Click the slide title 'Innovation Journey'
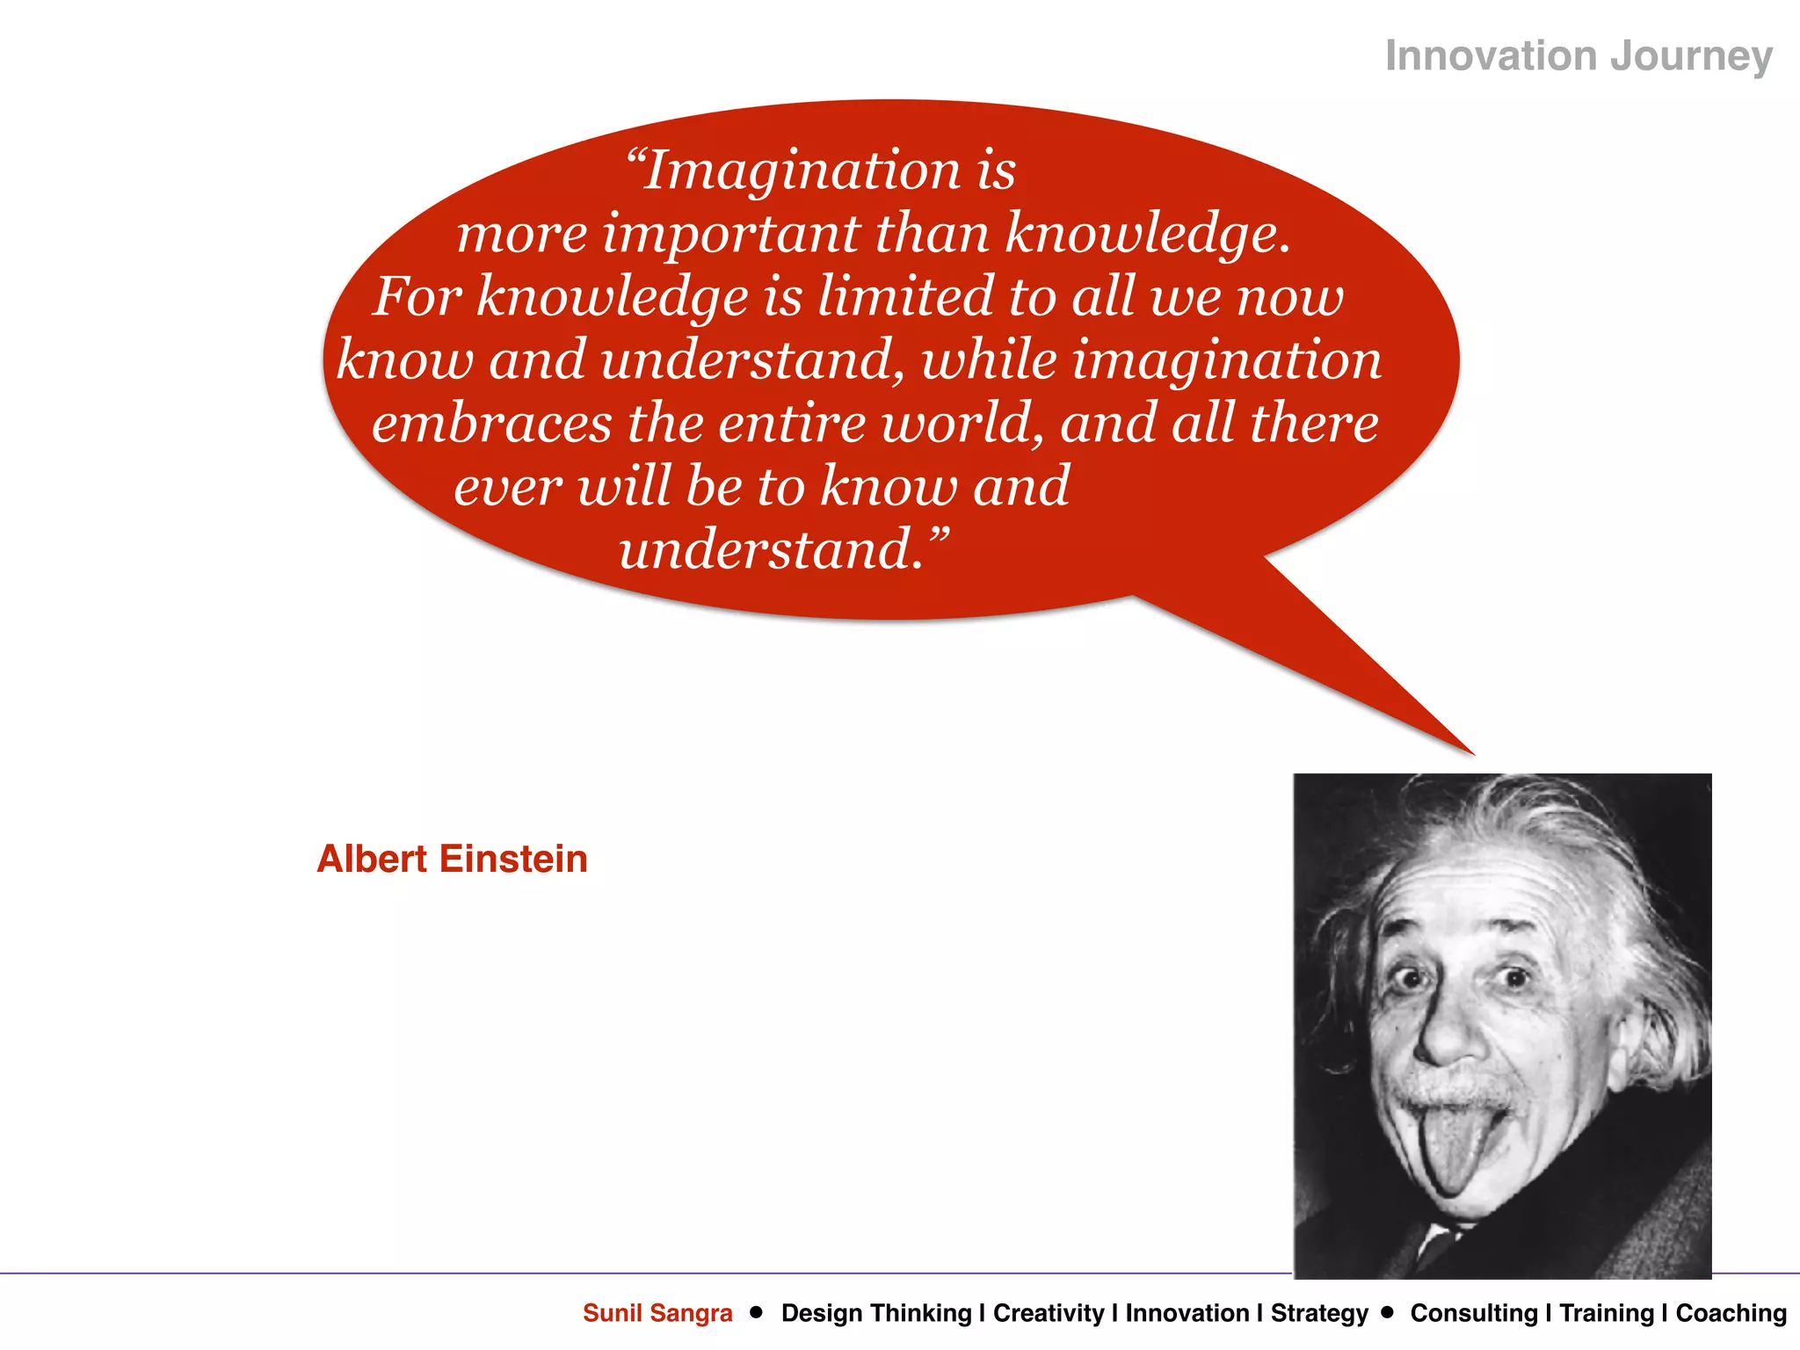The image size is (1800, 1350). coord(1579,56)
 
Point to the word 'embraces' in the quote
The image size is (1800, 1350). coord(491,425)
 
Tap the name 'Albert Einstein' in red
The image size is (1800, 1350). coord(452,859)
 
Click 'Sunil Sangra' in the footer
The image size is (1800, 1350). coord(657,1313)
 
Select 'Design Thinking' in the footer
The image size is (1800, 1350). coord(876,1313)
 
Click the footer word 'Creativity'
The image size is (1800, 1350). coord(1049,1313)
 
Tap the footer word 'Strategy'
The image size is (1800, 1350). coord(1319,1313)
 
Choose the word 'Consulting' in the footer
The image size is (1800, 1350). coord(1474,1313)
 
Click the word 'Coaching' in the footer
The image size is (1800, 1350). coord(1731,1313)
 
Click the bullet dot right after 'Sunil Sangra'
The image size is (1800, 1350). coord(756,1312)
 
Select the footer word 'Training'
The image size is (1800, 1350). coord(1607,1313)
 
